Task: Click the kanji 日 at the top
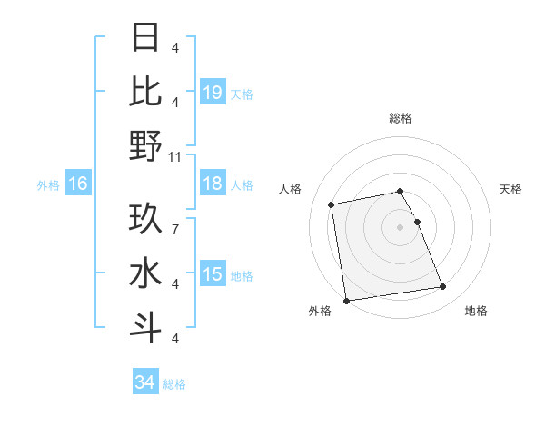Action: (x=146, y=38)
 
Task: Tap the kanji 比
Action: (x=146, y=91)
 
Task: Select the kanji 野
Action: (x=146, y=145)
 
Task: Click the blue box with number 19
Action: (x=213, y=92)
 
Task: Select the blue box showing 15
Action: (x=213, y=274)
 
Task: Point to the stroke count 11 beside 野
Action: (x=175, y=156)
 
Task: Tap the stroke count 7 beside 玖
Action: (x=175, y=220)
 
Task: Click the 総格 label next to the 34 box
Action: (x=174, y=384)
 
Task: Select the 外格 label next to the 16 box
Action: (x=48, y=185)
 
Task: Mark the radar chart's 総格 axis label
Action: (x=401, y=118)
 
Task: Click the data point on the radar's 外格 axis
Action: (x=345, y=301)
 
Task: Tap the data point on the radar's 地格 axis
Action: (x=442, y=287)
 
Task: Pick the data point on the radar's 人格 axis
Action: (x=332, y=204)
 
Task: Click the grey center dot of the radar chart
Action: (x=401, y=226)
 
